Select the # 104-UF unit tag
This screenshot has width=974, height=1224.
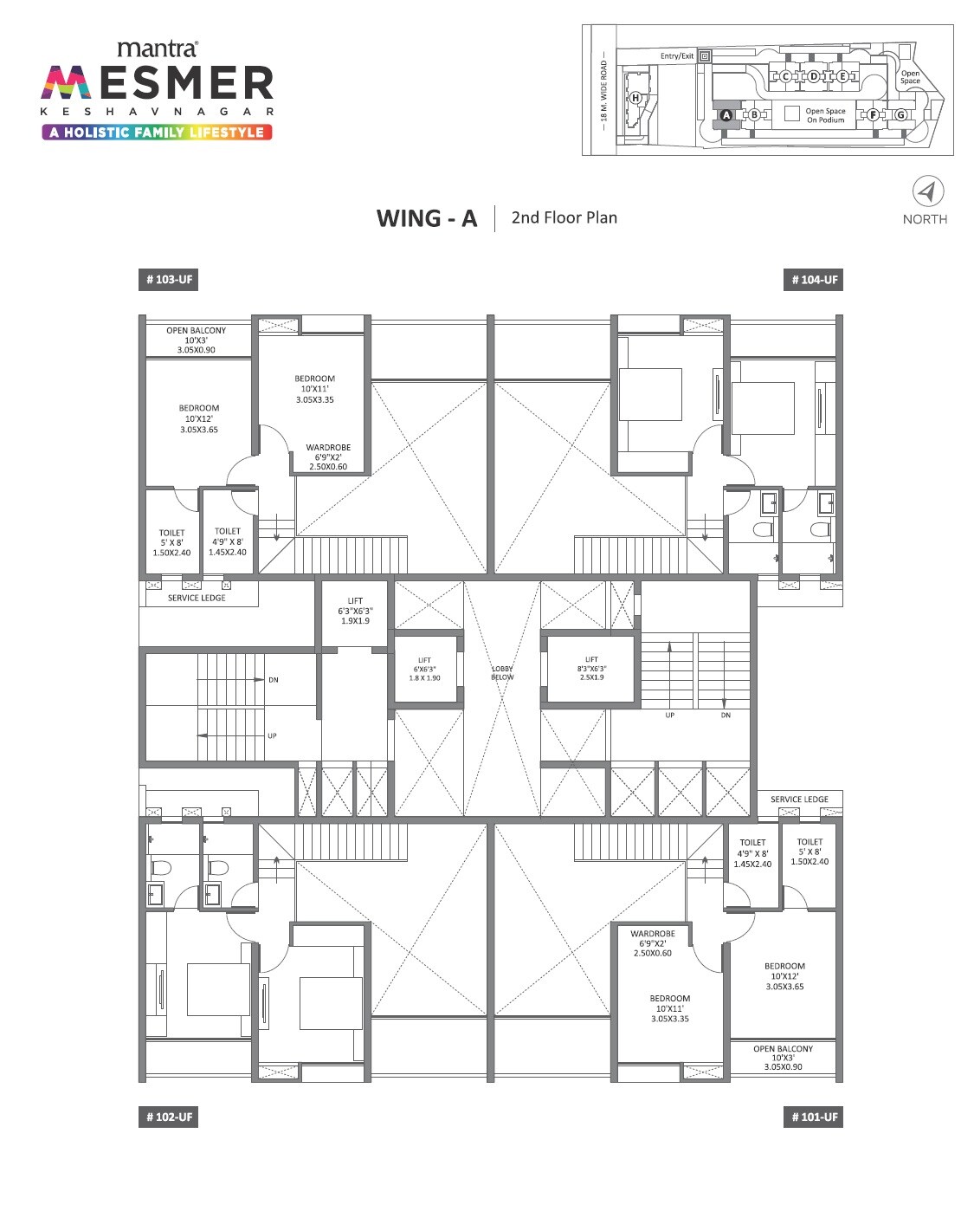[x=814, y=280]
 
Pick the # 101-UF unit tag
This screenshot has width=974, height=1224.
[x=814, y=1117]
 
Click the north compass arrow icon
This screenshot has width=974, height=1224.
[x=927, y=191]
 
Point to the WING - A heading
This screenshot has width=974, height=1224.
[x=427, y=218]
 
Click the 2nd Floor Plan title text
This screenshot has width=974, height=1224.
[x=564, y=217]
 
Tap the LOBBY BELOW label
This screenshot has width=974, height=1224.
[x=502, y=673]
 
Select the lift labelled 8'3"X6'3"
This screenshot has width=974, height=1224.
[x=591, y=668]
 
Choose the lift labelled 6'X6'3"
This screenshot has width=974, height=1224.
[x=424, y=669]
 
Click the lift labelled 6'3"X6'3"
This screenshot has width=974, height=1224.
[x=355, y=611]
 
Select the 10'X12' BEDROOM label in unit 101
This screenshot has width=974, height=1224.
[x=784, y=976]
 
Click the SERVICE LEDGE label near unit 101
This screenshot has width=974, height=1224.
[x=799, y=800]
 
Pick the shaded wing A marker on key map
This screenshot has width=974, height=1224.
[x=726, y=114]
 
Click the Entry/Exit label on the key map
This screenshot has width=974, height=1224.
[x=677, y=56]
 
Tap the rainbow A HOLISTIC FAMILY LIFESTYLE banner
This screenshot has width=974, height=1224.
[x=157, y=133]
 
